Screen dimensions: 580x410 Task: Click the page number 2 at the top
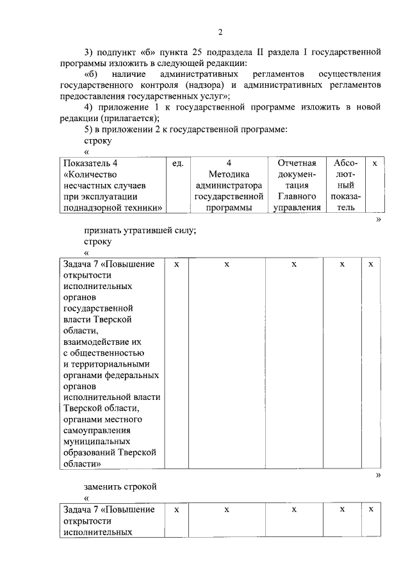click(220, 33)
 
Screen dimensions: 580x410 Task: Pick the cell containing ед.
click(178, 163)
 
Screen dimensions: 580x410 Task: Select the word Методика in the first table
click(229, 174)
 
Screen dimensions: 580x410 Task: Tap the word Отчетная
click(297, 163)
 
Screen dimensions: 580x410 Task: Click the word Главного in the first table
click(297, 196)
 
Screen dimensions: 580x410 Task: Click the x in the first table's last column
click(375, 163)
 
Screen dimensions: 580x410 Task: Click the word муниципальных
click(97, 441)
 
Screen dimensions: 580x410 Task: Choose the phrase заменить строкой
click(120, 486)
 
